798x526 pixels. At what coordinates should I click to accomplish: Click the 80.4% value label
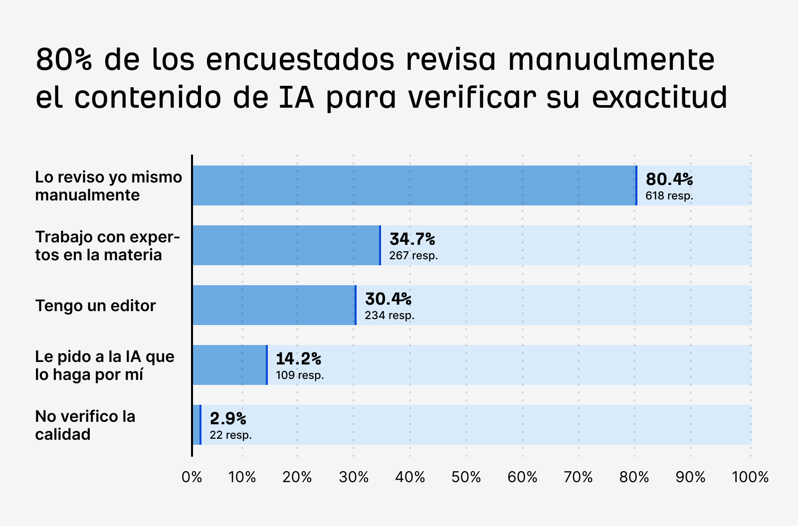coord(669,179)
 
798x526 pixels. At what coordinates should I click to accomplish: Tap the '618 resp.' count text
coord(669,196)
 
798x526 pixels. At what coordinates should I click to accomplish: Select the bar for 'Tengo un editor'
coord(274,305)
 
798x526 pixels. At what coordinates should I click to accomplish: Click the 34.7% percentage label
coord(412,239)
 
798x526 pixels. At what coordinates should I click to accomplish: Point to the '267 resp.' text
coord(413,256)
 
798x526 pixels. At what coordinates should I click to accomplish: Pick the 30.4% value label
coord(388,299)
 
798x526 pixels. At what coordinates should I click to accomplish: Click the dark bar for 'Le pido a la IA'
coord(229,365)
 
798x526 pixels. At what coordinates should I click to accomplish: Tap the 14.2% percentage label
coord(298,358)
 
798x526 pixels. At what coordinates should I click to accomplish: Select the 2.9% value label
coord(228,418)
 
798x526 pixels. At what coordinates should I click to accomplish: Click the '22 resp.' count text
coord(230,435)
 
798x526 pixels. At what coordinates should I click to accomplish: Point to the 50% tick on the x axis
coord(466,478)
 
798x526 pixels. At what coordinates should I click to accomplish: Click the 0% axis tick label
coord(192,478)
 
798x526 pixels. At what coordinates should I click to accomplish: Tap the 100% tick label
coord(750,478)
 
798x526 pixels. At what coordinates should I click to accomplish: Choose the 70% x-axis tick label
coord(578,478)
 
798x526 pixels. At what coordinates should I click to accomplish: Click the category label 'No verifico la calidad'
coord(85,425)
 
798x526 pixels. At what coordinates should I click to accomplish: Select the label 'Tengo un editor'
coord(95,306)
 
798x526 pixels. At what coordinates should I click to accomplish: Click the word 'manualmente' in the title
coord(611,60)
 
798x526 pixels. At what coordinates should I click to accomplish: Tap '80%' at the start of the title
coord(64,60)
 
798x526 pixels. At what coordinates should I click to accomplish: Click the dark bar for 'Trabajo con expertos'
coord(286,245)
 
